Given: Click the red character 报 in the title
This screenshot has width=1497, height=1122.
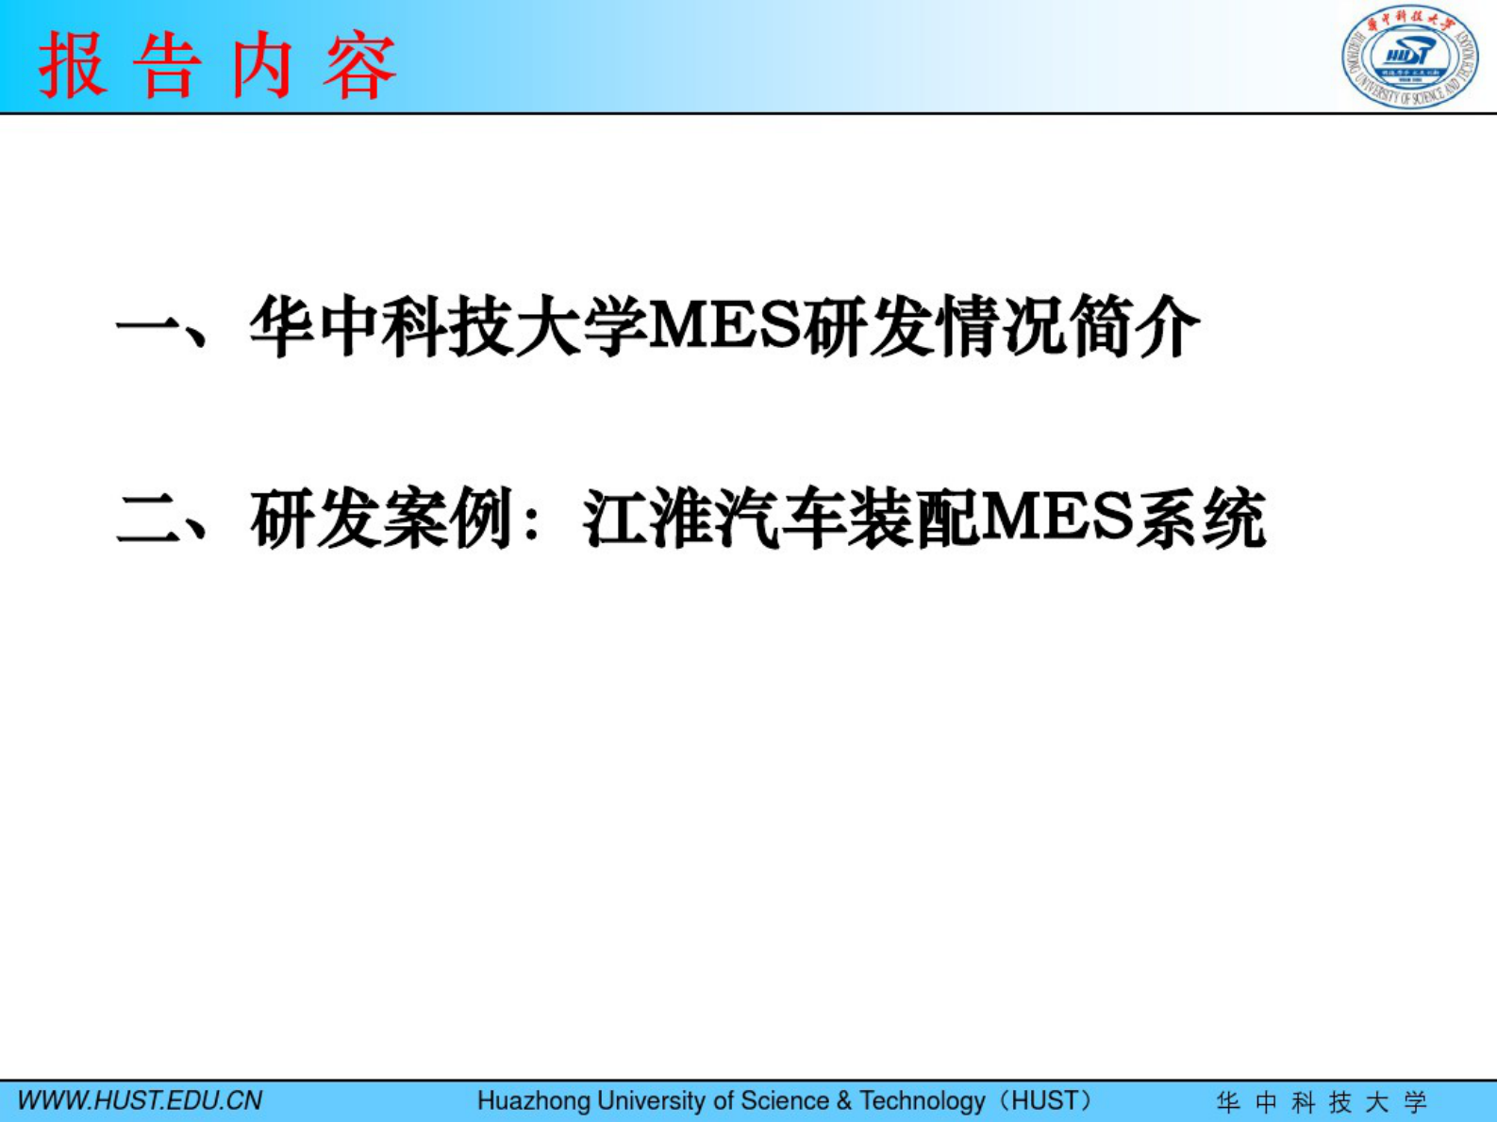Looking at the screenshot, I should (x=74, y=66).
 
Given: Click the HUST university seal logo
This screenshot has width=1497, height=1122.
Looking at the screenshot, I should (x=1409, y=58).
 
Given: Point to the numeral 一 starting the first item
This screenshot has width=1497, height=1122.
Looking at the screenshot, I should (x=148, y=327).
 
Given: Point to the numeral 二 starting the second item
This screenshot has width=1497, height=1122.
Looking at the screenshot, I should (x=148, y=520).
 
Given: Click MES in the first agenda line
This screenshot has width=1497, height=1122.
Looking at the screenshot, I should (x=727, y=327).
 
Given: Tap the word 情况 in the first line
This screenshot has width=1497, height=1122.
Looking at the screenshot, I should (x=1002, y=327).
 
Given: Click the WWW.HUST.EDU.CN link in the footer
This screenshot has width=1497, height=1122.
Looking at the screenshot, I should (x=140, y=1101).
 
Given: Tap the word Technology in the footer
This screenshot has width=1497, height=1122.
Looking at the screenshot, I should (x=922, y=1101).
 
